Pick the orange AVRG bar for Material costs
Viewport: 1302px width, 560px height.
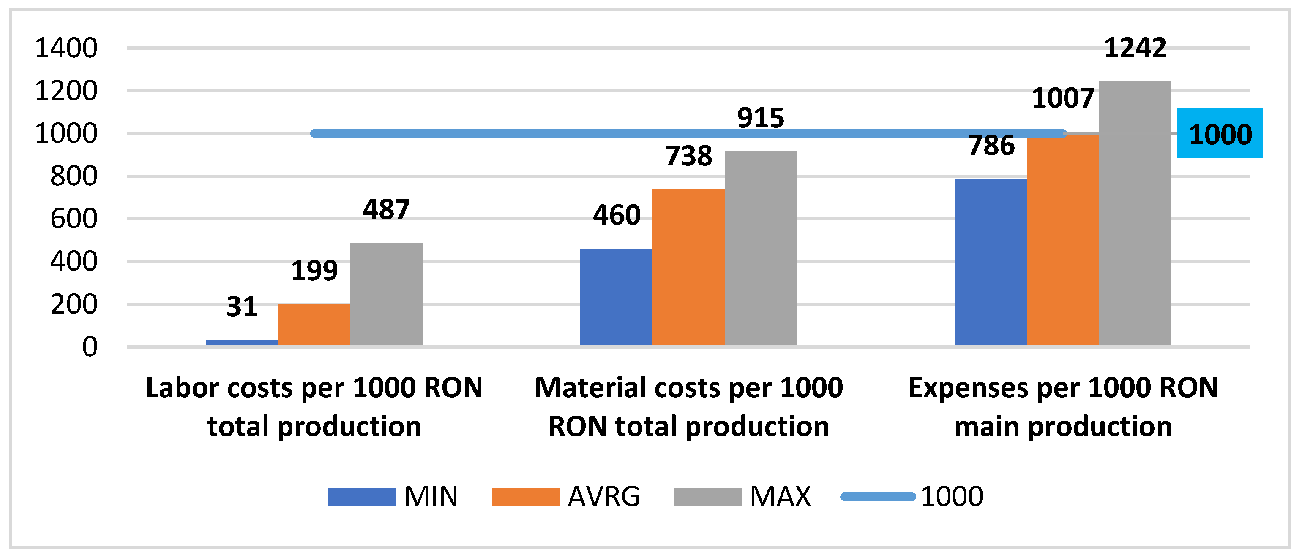click(x=688, y=268)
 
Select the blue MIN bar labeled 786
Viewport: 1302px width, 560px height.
click(x=990, y=262)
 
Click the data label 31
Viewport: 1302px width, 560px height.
click(x=242, y=306)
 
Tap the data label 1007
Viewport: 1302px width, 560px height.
click(x=1062, y=98)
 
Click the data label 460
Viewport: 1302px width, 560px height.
click(x=616, y=215)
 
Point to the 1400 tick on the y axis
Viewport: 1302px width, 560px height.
click(x=66, y=49)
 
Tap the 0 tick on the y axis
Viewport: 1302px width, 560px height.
click(x=90, y=347)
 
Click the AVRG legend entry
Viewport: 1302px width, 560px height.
click(x=566, y=496)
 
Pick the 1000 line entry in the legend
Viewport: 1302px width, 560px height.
click(x=912, y=496)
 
